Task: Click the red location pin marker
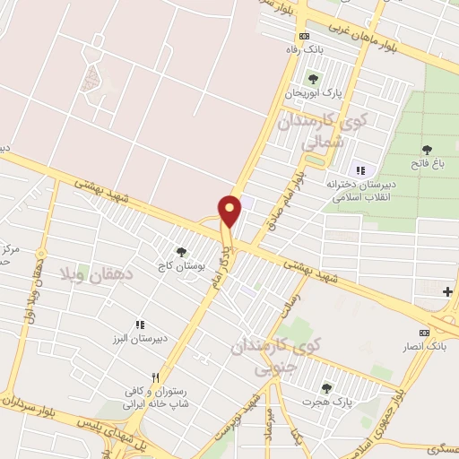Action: [x=230, y=211]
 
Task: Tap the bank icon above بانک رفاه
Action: [x=304, y=36]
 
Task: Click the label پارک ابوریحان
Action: [x=315, y=92]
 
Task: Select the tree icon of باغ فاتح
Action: [x=427, y=150]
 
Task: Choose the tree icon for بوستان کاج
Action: [x=182, y=253]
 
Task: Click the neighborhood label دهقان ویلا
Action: [x=93, y=270]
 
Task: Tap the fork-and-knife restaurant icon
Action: [x=156, y=377]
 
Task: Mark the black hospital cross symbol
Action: [x=447, y=291]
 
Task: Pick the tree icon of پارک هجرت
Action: [x=326, y=387]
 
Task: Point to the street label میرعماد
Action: [x=268, y=420]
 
